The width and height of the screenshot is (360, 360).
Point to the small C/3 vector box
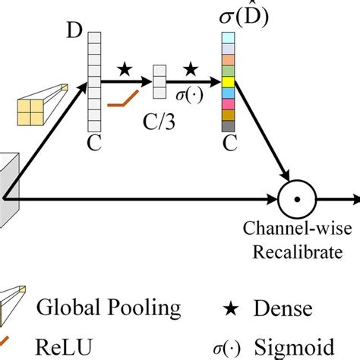(x=159, y=82)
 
